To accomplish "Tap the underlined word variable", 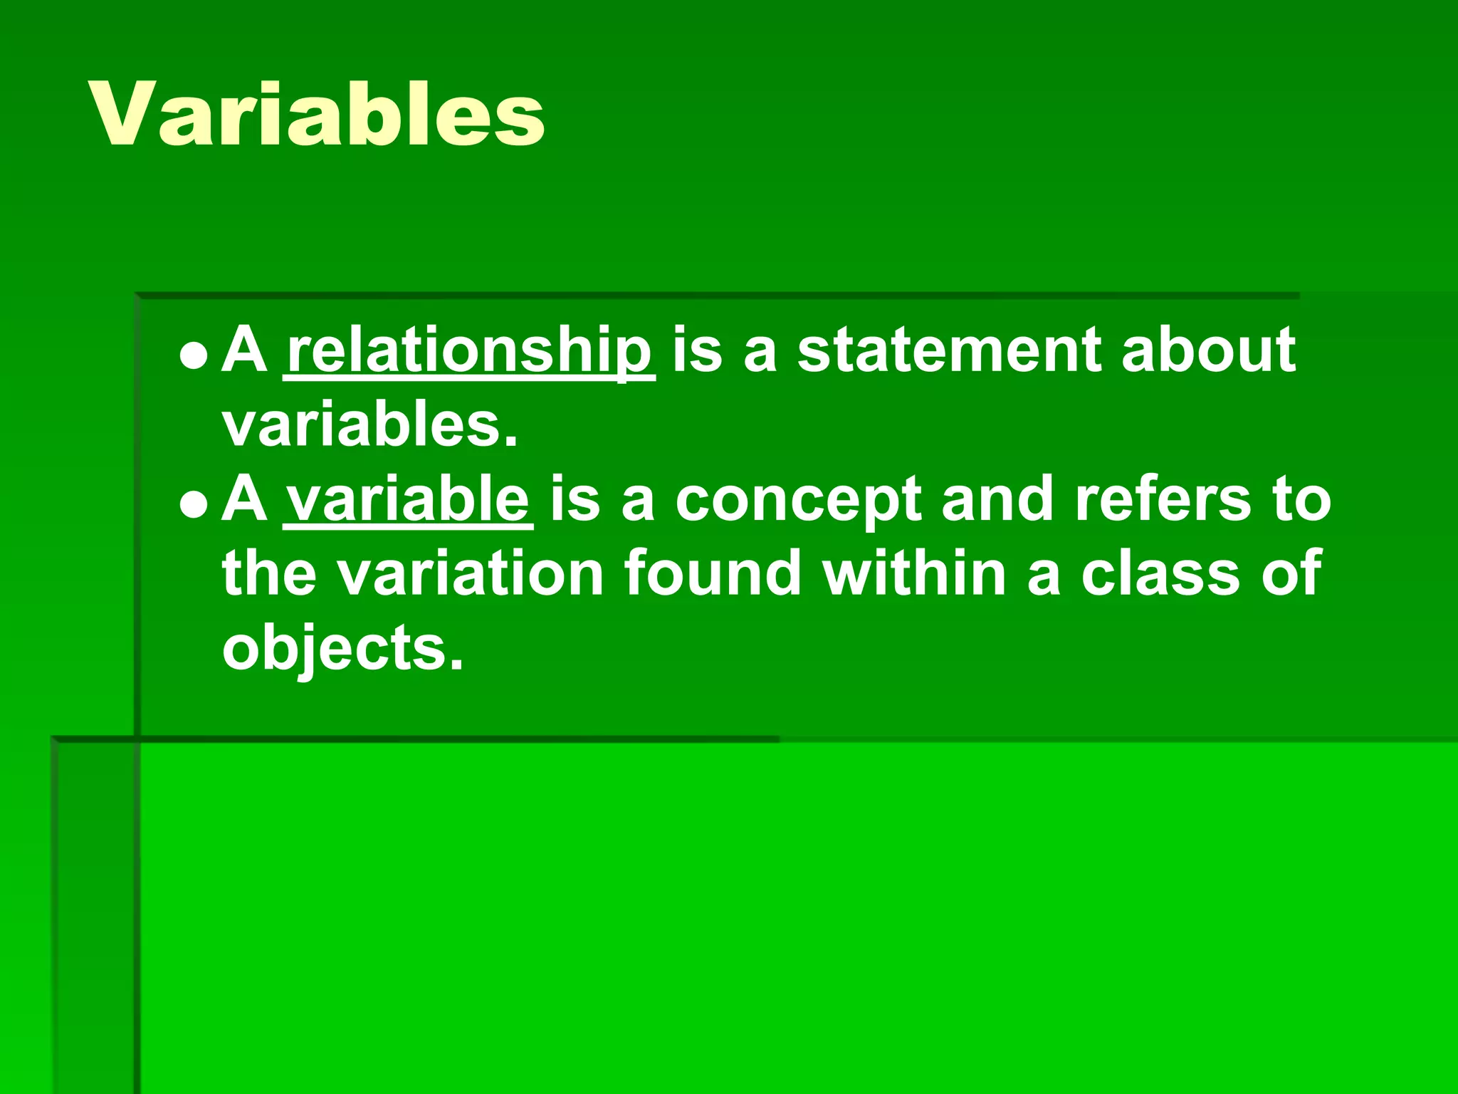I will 408,499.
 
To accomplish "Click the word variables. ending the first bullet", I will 369,424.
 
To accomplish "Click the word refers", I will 1163,499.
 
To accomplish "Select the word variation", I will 471,573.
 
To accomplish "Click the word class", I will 1161,573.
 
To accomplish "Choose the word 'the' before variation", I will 269,573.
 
